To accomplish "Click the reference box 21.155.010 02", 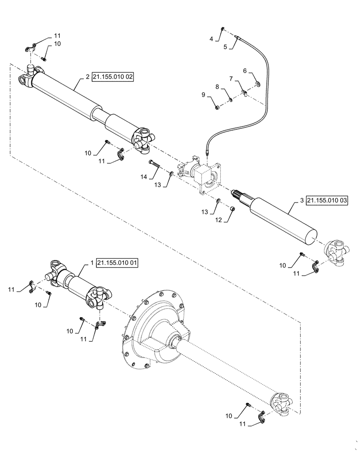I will (x=113, y=77).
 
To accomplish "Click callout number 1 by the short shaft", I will (x=92, y=263).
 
